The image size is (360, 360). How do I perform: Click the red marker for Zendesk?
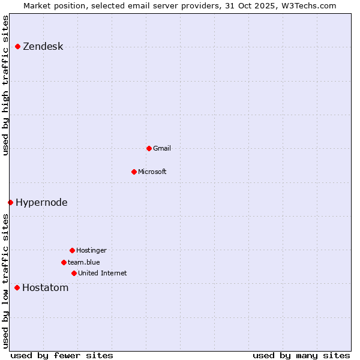(x=18, y=47)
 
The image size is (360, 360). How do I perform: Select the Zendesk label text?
(x=43, y=47)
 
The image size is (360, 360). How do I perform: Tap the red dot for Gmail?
(x=149, y=148)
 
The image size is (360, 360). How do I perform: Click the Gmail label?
(x=162, y=148)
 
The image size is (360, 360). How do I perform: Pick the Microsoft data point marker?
(x=134, y=172)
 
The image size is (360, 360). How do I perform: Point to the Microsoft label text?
(x=152, y=172)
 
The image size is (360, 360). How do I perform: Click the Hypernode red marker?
(x=10, y=202)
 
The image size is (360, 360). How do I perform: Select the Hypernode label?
(x=41, y=202)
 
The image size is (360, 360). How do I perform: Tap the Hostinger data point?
(x=72, y=250)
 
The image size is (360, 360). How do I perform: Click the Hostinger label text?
(x=91, y=250)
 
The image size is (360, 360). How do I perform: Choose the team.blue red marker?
(x=64, y=262)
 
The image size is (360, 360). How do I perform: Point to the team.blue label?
(x=83, y=262)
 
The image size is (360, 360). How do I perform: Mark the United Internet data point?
(x=74, y=273)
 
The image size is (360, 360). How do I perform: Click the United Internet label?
(x=102, y=273)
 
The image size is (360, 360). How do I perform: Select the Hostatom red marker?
(x=17, y=288)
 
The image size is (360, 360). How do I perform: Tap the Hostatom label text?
(x=45, y=288)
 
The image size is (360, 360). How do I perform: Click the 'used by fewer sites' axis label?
(x=62, y=355)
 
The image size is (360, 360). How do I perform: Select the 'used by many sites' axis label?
(x=301, y=355)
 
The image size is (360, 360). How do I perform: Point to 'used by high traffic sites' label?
(x=6, y=85)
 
